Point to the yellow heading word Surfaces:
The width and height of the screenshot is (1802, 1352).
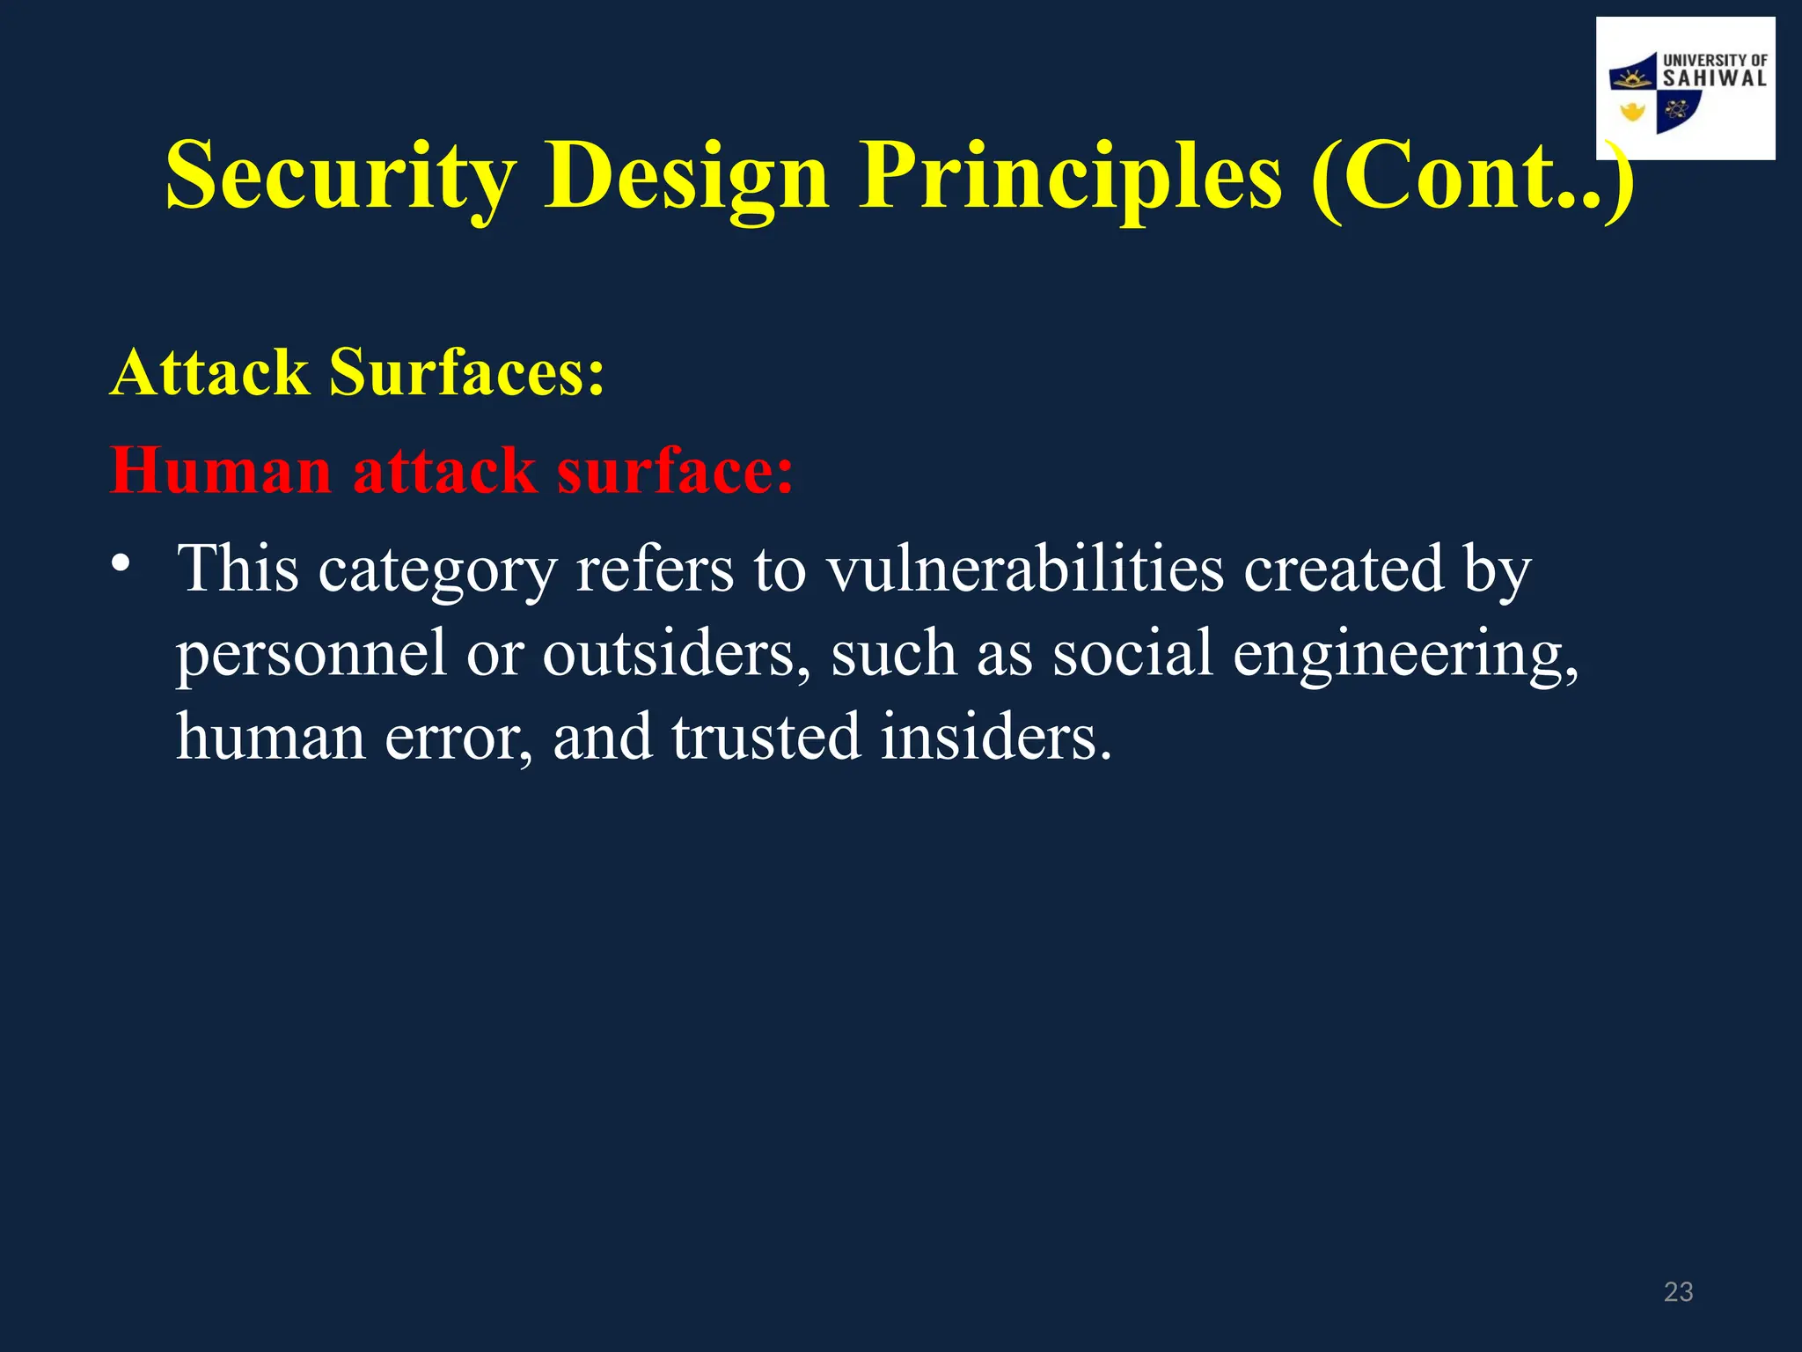tap(467, 372)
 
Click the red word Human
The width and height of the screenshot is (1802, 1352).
tap(221, 471)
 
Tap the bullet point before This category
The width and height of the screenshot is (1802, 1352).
tap(121, 563)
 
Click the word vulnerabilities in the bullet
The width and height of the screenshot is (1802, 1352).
tap(1025, 569)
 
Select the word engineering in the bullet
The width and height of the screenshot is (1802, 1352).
tap(1405, 654)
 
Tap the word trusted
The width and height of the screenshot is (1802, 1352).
tap(765, 738)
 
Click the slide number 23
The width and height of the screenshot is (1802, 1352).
tap(1678, 1291)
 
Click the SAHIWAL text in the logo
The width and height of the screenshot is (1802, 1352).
tap(1714, 78)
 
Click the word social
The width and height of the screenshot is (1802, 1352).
tap(1132, 654)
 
